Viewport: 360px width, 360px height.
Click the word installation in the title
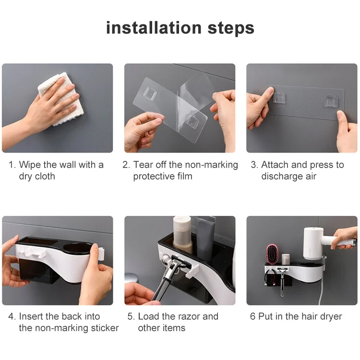click(154, 28)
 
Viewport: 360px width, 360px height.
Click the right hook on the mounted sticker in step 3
click(331, 101)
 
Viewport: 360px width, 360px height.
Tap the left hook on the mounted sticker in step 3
click(279, 98)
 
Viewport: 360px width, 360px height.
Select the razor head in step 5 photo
click(180, 262)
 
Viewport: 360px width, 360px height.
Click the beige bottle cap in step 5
click(182, 222)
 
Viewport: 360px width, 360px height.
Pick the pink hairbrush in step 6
click(272, 254)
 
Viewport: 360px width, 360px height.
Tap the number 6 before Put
click(252, 316)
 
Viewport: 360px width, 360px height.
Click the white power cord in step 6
click(323, 291)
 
